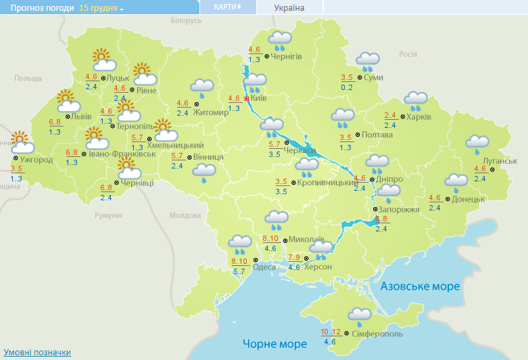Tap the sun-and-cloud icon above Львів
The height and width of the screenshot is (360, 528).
click(67, 102)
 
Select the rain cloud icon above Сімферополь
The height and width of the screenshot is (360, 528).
click(359, 315)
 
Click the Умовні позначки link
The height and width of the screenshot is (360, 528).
click(37, 353)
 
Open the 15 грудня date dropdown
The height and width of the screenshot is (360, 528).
click(101, 7)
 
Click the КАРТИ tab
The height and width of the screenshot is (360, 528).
click(227, 7)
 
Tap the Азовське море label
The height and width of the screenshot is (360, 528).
click(420, 286)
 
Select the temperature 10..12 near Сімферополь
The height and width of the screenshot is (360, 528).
click(331, 332)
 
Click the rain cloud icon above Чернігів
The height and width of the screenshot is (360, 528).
click(279, 41)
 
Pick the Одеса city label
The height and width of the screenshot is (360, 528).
click(264, 267)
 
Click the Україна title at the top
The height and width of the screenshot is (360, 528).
click(289, 7)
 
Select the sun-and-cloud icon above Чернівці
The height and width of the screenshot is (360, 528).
click(128, 168)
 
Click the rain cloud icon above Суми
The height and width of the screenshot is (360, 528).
click(367, 62)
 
